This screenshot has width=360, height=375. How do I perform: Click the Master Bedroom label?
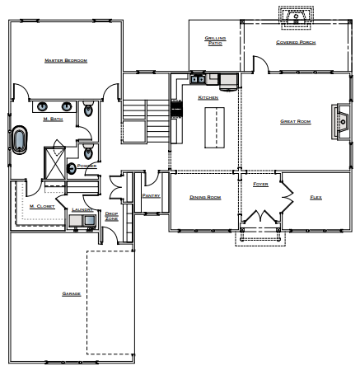click(x=65, y=60)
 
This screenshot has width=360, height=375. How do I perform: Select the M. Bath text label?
click(x=52, y=120)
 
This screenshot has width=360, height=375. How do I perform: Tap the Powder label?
click(x=87, y=165)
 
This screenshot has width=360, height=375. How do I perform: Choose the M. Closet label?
click(x=42, y=206)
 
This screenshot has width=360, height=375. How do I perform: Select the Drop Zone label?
click(x=111, y=216)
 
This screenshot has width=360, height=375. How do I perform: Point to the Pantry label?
click(x=150, y=196)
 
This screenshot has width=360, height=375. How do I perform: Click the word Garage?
click(x=71, y=293)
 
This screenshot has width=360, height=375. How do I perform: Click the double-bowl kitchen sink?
click(x=198, y=80)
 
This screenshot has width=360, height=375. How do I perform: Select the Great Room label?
click(x=294, y=122)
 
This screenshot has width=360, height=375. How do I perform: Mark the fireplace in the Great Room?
click(x=341, y=120)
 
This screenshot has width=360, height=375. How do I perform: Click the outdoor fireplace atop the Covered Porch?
click(x=296, y=16)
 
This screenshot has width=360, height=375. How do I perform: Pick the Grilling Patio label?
click(x=214, y=40)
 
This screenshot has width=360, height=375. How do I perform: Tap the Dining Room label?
click(x=205, y=198)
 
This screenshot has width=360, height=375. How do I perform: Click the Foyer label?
click(x=260, y=185)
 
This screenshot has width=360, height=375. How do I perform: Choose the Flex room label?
click(x=316, y=198)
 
